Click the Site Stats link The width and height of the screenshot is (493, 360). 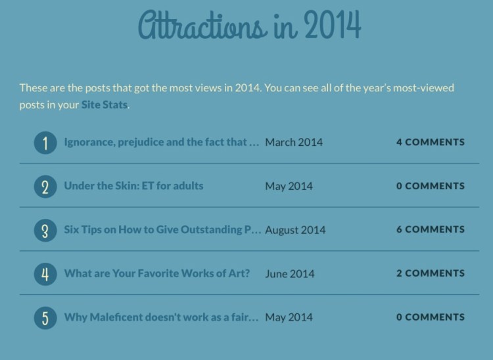pyautogui.click(x=104, y=105)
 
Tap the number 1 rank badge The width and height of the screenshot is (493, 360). pyautogui.click(x=45, y=143)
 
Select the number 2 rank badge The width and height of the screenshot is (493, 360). pyautogui.click(x=45, y=187)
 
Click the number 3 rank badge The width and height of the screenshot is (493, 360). pyautogui.click(x=45, y=231)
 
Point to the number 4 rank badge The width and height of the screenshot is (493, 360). pyautogui.click(x=45, y=274)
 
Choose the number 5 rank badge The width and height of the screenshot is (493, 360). pyautogui.click(x=45, y=318)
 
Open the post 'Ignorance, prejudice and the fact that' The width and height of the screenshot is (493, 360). pyautogui.click(x=161, y=142)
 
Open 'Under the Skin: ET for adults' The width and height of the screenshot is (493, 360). pyautogui.click(x=133, y=186)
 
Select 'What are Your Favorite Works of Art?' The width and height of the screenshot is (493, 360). pyautogui.click(x=156, y=273)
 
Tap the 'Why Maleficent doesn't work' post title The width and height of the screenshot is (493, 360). pyautogui.click(x=161, y=317)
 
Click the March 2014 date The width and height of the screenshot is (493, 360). pyautogui.click(x=294, y=142)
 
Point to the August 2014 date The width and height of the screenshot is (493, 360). pyautogui.click(x=295, y=230)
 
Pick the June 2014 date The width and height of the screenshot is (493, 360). pyautogui.click(x=289, y=273)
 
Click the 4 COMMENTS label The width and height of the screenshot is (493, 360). pyautogui.click(x=430, y=142)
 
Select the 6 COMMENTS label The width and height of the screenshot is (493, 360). pyautogui.click(x=430, y=229)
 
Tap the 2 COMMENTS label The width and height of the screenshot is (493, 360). pyautogui.click(x=430, y=273)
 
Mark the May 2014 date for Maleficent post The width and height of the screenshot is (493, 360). pyautogui.click(x=289, y=317)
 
